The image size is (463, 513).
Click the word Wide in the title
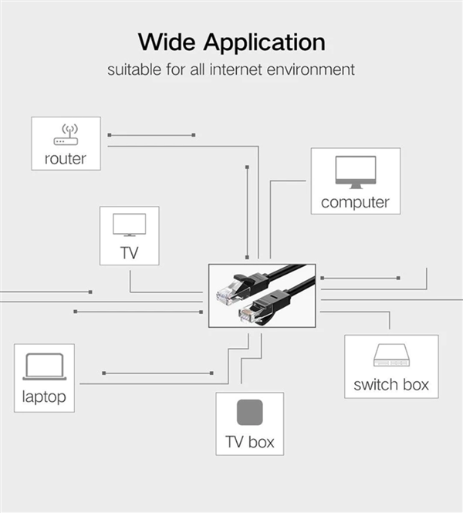click(x=167, y=42)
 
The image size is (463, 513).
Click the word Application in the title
click(x=265, y=43)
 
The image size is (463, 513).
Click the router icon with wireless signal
click(x=66, y=134)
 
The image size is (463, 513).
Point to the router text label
click(x=66, y=159)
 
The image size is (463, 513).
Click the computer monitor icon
click(x=356, y=172)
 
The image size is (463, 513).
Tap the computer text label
click(x=355, y=202)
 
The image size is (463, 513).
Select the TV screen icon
click(x=130, y=224)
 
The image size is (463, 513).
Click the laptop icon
click(x=45, y=366)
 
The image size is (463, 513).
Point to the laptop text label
click(x=44, y=397)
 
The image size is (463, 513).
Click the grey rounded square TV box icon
click(x=250, y=412)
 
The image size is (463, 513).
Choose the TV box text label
click(x=250, y=442)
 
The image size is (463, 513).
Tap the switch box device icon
click(x=392, y=355)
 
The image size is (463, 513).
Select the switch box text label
click(x=391, y=384)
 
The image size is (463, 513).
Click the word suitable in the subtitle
click(x=134, y=69)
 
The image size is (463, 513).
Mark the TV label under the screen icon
click(x=130, y=253)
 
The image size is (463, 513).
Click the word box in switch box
click(x=416, y=384)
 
